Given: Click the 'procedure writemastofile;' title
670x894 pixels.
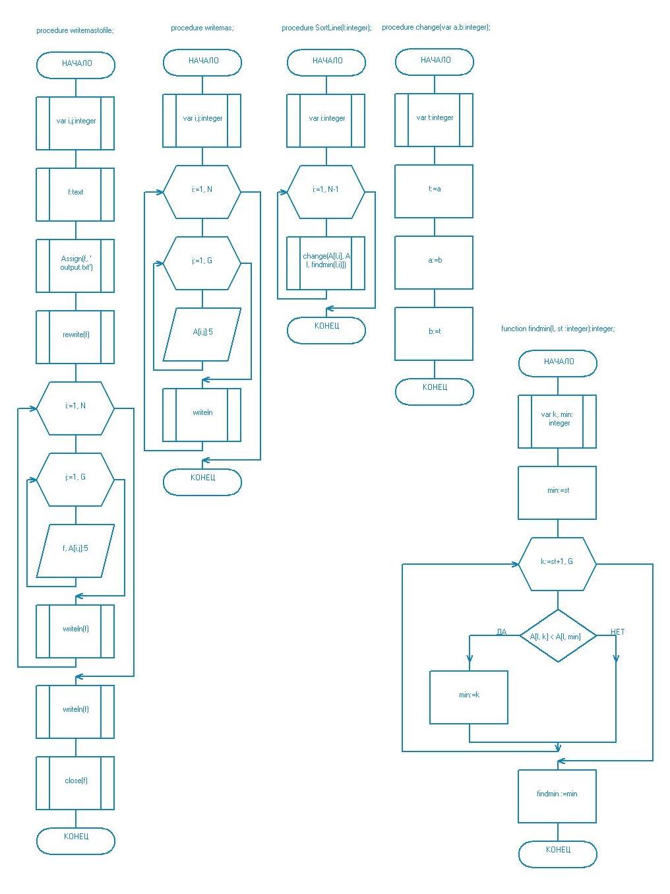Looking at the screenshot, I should point(75,30).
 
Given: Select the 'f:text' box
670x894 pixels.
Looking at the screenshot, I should point(75,193).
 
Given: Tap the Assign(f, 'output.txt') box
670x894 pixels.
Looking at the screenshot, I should point(75,264).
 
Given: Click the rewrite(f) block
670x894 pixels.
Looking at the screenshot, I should point(75,335).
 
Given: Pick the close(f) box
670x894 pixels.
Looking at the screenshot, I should point(75,781).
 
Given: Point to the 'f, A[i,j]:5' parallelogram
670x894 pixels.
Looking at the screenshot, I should point(75,549).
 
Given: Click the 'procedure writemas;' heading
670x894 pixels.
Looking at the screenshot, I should point(202,28).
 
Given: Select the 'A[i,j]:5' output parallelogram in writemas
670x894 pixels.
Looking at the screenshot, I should point(202,333).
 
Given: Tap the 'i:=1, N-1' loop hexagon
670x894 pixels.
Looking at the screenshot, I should point(326,190).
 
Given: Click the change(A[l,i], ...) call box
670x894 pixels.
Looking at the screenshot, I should point(326,261).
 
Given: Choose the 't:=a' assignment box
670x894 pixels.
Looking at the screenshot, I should point(434,189).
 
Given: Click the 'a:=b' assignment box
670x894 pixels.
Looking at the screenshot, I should point(434,261).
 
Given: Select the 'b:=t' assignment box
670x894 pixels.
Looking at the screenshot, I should point(434,332).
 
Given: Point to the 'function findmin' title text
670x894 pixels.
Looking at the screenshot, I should point(557,329).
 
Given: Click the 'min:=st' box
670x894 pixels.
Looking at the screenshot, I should point(557,491).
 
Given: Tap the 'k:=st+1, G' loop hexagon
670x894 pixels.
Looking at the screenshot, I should point(557,562).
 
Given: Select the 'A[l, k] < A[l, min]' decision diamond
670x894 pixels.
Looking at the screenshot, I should point(557,636).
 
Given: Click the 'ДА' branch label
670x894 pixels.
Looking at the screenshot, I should point(501,632).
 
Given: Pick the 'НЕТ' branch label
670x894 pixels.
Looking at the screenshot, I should point(617,632).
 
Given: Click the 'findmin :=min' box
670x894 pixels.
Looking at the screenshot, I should point(557,794).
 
